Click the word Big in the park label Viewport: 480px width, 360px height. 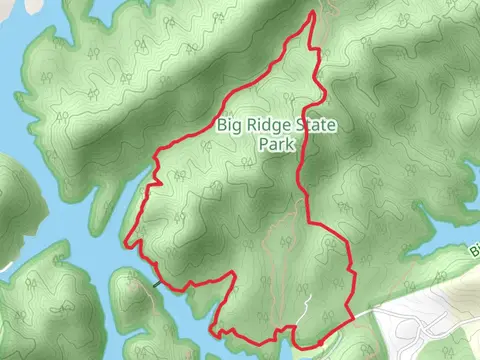229,126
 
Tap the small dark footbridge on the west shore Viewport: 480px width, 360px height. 156,282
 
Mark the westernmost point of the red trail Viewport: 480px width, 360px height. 127,241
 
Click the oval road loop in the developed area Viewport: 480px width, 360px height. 420,330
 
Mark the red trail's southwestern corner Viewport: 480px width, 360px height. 212,329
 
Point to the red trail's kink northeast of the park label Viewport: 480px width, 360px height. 323,92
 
